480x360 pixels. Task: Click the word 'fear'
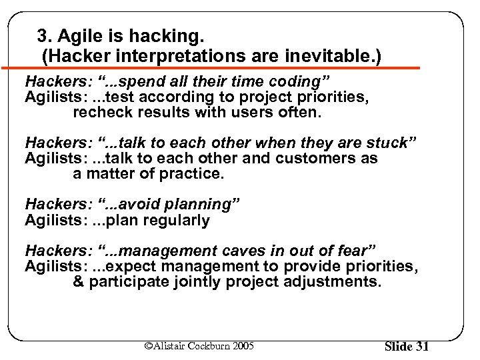(355, 251)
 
